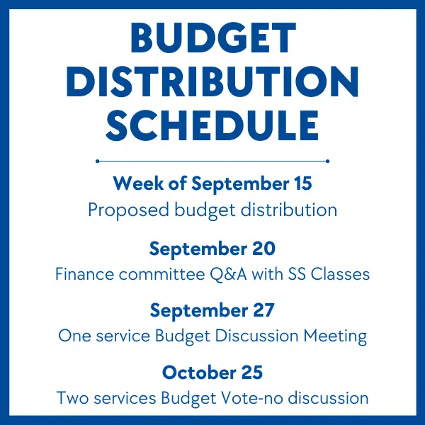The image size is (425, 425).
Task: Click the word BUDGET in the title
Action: (213, 38)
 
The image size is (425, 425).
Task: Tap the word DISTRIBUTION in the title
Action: (212, 81)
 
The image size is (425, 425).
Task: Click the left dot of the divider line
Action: (98, 161)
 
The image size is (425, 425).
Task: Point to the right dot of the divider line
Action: (327, 161)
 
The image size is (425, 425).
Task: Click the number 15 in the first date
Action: (302, 183)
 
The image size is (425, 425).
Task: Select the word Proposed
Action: (128, 210)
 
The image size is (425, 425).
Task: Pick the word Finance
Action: (84, 274)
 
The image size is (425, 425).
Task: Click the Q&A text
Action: (229, 274)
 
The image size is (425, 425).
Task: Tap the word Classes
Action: (340, 274)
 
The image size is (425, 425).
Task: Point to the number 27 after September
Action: (263, 310)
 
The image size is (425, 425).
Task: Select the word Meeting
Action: (335, 336)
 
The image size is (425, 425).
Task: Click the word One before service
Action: (75, 336)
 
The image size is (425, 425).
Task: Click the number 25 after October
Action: (252, 373)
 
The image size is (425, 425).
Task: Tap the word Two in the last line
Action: (72, 398)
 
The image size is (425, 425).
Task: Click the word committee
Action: (161, 274)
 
